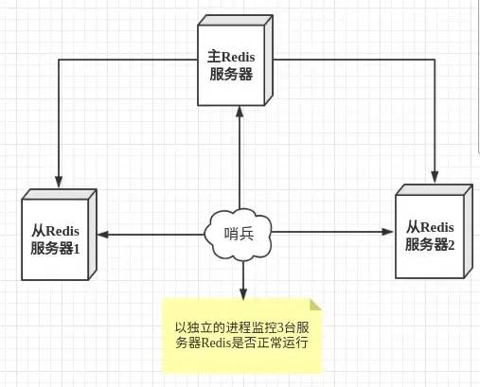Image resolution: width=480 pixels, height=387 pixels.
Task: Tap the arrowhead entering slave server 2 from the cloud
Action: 388,231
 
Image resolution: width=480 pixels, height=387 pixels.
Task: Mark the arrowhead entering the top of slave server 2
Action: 435,176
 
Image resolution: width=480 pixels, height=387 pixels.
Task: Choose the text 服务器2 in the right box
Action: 432,245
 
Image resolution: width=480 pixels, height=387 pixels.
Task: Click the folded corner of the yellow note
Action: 316,304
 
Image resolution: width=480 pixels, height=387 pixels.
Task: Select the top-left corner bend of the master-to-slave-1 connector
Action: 58,59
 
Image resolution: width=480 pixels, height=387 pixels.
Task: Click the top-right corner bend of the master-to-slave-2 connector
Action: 435,59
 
